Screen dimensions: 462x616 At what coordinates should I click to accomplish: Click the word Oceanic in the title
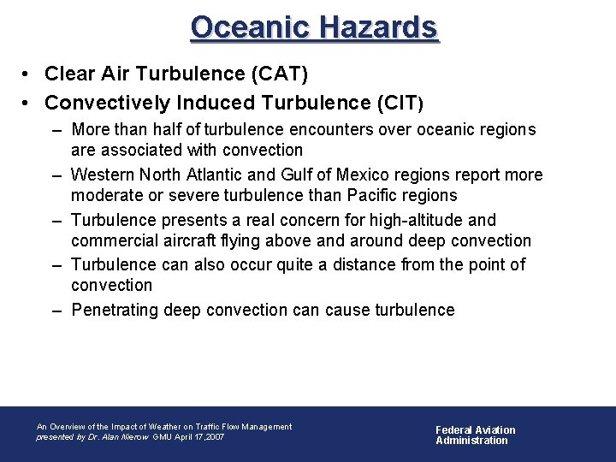pos(250,27)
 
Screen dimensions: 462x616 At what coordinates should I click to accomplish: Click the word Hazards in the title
pos(377,27)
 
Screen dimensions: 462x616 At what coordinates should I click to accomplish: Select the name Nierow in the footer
pos(135,437)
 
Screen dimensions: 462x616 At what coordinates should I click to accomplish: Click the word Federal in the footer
pos(453,430)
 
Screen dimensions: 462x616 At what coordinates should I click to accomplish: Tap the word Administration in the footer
pos(471,441)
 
